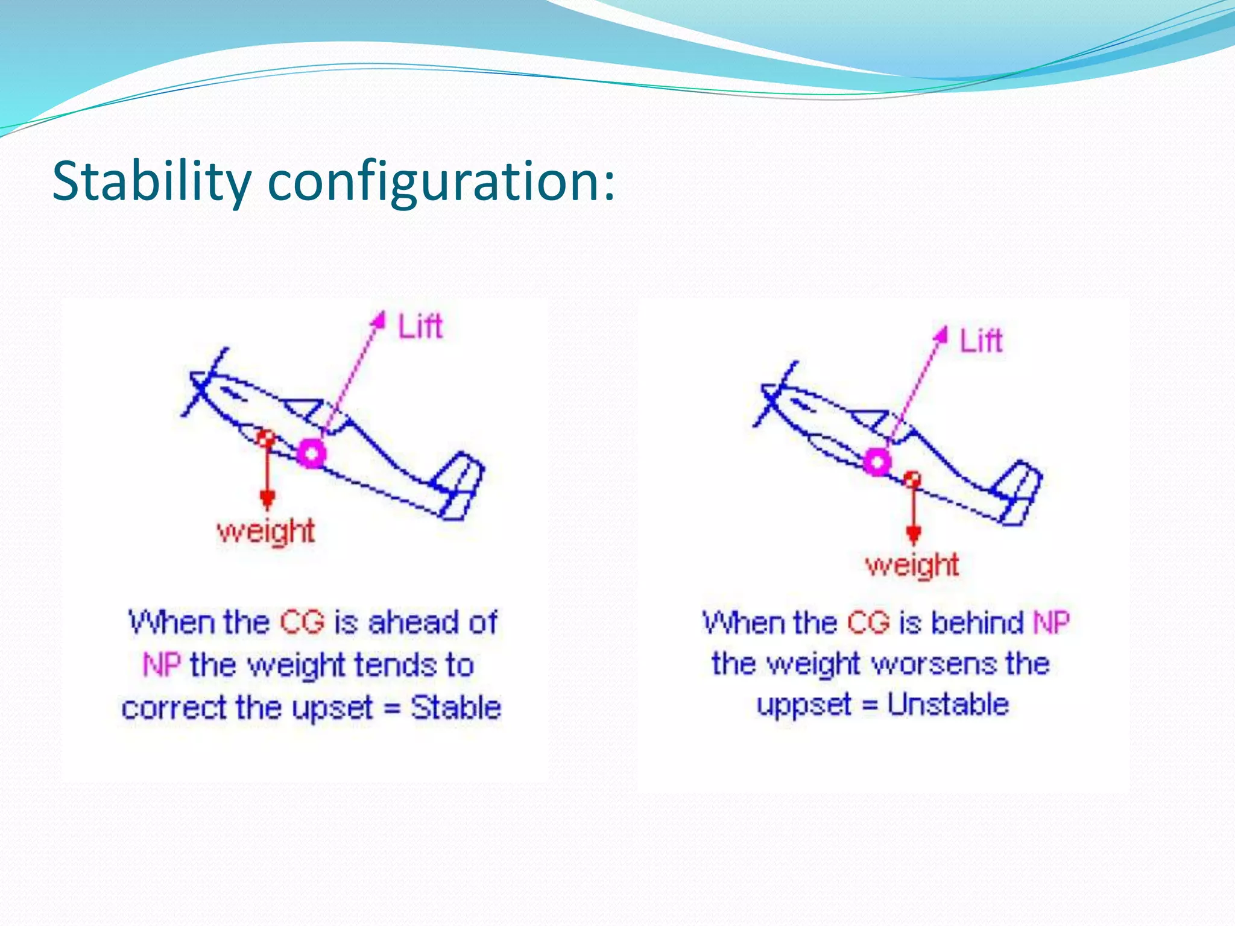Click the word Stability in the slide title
pos(151,181)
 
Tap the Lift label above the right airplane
pos(981,340)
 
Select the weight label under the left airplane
pos(266,531)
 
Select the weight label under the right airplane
pos(912,565)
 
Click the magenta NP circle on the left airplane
pos(311,453)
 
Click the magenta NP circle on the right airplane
pos(877,462)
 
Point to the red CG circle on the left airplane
pos(265,437)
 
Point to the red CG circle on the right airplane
pos(913,479)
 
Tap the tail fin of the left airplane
pos(461,485)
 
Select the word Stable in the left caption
pos(456,707)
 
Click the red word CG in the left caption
pos(302,622)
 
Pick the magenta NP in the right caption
pos(1051,622)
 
